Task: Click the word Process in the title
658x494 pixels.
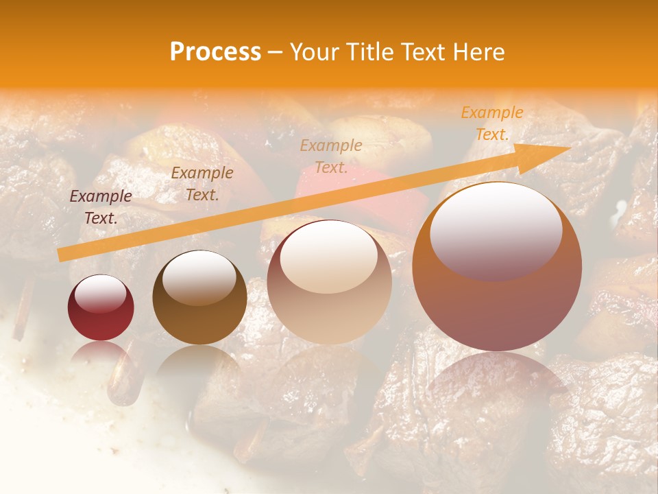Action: point(215,52)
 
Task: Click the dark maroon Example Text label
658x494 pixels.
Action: point(101,207)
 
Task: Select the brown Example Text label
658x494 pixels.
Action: point(202,184)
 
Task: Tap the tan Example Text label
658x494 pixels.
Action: point(331,156)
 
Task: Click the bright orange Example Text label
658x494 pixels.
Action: point(491,123)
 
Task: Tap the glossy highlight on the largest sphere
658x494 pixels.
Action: point(496,230)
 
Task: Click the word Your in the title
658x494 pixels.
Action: point(314,52)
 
